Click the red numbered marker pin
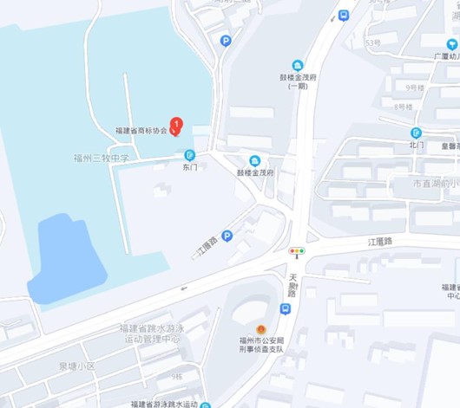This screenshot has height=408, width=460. [x=176, y=125]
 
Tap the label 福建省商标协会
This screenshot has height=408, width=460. [x=141, y=131]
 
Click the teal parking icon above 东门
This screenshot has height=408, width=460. [x=190, y=155]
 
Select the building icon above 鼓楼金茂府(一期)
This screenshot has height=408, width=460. [x=298, y=66]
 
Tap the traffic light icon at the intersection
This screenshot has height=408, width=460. [x=297, y=252]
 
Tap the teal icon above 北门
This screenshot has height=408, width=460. [x=417, y=133]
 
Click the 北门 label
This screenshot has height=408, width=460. [x=417, y=145]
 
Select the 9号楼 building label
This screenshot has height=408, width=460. [x=415, y=88]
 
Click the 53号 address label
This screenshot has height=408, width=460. [x=373, y=42]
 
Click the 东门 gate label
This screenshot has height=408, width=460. [x=190, y=166]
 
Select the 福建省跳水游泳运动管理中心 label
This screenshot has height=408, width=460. [x=152, y=334]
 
